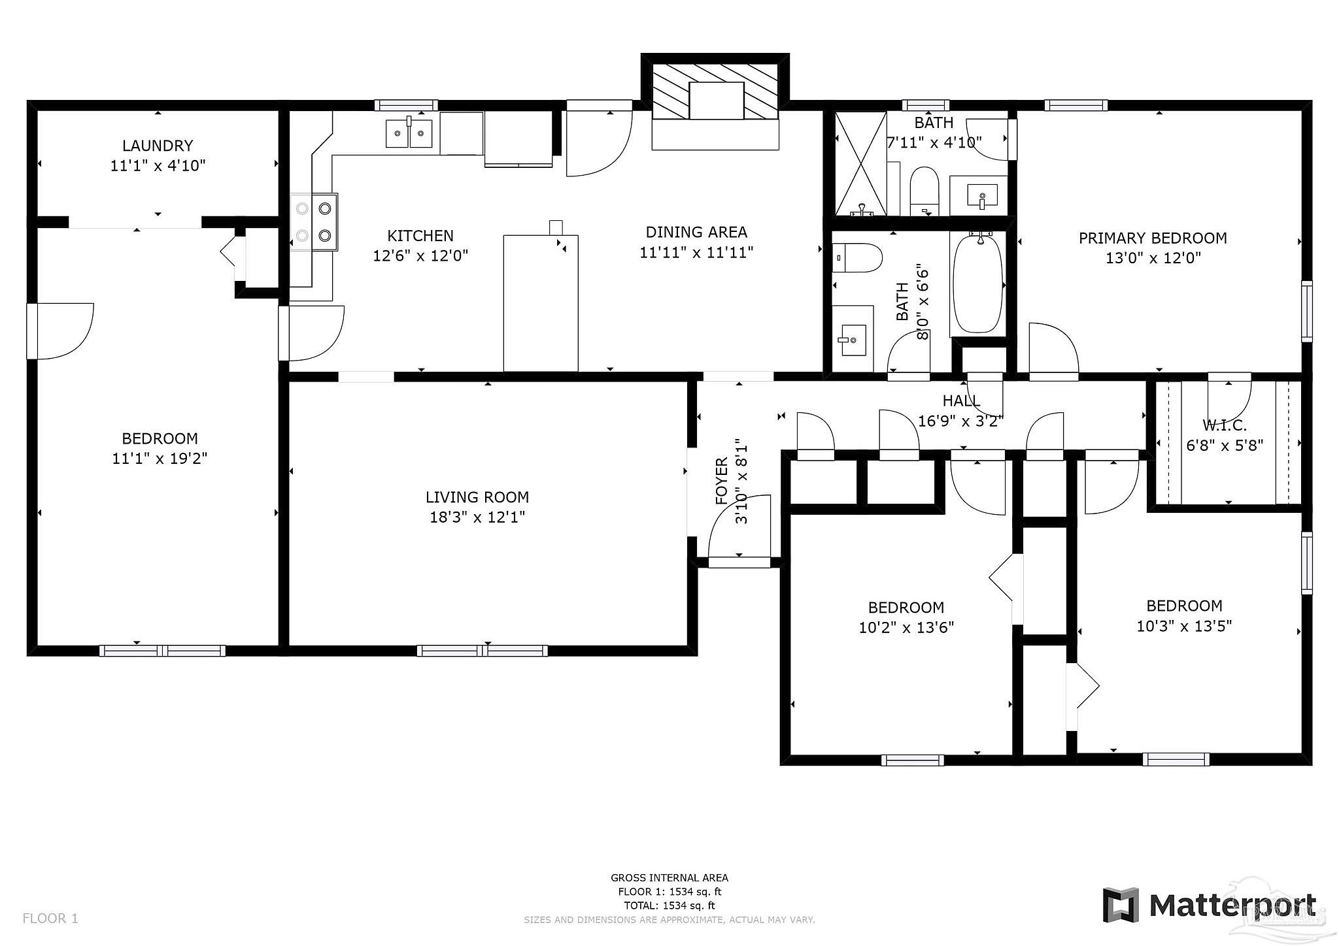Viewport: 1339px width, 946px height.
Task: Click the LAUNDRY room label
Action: [x=158, y=145]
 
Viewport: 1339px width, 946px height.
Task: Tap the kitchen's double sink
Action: [x=409, y=133]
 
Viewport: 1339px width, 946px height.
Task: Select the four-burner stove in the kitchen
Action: [x=314, y=222]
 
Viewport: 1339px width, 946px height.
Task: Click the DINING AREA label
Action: [x=696, y=232]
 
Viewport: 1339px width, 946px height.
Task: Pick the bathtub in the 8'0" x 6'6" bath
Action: [x=977, y=284]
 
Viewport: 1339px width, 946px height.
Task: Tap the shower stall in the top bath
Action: [x=861, y=163]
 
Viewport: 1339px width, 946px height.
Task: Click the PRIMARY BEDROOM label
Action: [x=1153, y=238]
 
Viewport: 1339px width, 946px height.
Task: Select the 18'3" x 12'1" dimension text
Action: [x=477, y=517]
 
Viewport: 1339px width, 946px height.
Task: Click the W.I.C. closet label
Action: [x=1225, y=425]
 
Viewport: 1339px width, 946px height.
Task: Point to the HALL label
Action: [x=961, y=400]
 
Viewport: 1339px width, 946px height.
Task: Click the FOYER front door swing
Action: [x=739, y=527]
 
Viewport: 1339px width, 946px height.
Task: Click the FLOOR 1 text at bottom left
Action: [x=50, y=919]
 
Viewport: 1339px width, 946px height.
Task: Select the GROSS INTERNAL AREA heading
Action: [x=669, y=878]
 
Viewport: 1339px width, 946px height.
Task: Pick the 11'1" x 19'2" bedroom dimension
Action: [x=160, y=459]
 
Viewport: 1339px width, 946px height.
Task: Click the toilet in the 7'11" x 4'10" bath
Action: [x=924, y=191]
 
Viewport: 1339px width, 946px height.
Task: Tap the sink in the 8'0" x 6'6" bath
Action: [x=853, y=340]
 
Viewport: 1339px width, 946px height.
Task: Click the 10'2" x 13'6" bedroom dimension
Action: [x=906, y=628]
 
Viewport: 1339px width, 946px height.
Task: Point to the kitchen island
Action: [x=541, y=303]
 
